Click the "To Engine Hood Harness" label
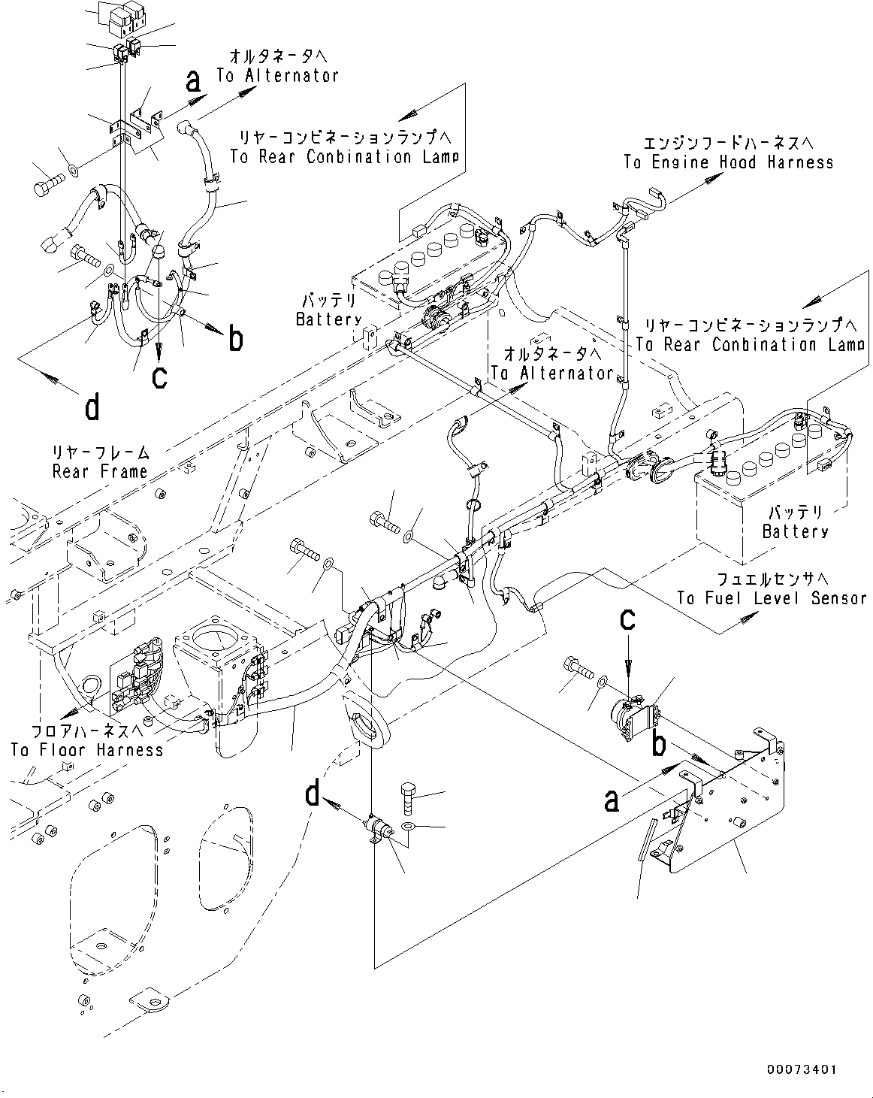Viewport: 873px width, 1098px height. point(728,162)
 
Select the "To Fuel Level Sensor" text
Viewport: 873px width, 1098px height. point(772,598)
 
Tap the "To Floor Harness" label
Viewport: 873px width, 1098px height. point(86,749)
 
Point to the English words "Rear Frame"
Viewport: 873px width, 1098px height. point(100,471)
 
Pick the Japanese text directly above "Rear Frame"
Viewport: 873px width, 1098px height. point(100,453)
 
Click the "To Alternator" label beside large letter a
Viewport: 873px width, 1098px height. point(277,75)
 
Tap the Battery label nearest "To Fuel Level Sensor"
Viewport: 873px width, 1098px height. point(795,531)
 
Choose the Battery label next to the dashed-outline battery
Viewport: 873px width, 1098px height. point(328,319)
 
